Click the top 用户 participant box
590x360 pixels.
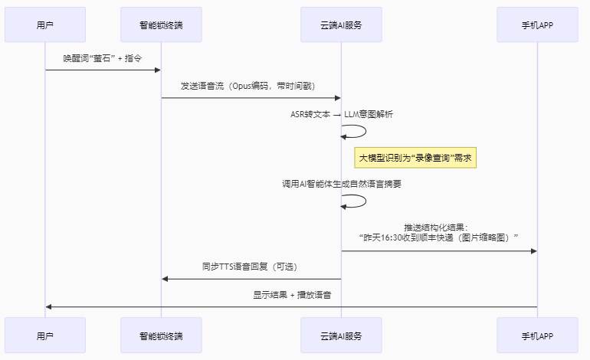pyautogui.click(x=45, y=25)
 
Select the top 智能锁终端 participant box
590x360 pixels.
pyautogui.click(x=161, y=25)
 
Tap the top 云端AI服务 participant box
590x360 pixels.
pyautogui.click(x=341, y=25)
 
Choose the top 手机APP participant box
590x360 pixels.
pyautogui.click(x=537, y=25)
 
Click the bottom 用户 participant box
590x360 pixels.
pyautogui.click(x=45, y=335)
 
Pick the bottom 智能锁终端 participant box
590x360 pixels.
pyautogui.click(x=161, y=335)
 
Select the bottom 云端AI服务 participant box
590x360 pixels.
pyautogui.click(x=341, y=335)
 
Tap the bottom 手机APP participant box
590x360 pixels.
pyautogui.click(x=537, y=335)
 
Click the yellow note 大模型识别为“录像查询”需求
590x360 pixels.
pyautogui.click(x=415, y=158)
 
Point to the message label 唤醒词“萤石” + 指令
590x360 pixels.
pyautogui.click(x=103, y=58)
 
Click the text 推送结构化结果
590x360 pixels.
pyautogui.click(x=438, y=227)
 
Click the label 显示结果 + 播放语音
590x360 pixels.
pyautogui.click(x=291, y=294)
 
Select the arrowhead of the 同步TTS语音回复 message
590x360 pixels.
pyautogui.click(x=165, y=279)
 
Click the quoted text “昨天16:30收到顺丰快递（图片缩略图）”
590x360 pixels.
pyautogui.click(x=438, y=238)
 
